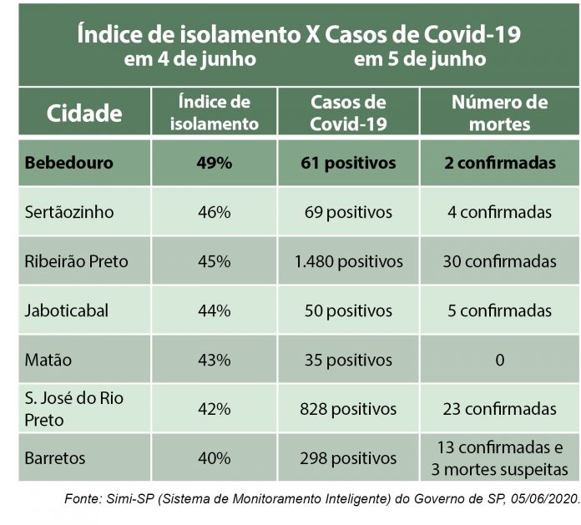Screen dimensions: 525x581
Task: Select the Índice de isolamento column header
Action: [215, 114]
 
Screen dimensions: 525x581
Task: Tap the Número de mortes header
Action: [499, 114]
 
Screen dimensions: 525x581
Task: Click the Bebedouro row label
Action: [69, 163]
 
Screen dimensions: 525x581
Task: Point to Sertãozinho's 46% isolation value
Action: [215, 212]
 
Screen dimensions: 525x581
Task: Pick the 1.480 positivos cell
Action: [348, 261]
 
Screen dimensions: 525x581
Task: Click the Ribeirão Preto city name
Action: [77, 261]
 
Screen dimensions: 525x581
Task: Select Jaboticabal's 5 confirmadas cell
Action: [499, 310]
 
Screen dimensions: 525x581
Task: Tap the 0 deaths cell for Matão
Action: [499, 361]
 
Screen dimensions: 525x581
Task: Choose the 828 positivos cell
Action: [348, 409]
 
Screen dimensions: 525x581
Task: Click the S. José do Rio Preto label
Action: [74, 409]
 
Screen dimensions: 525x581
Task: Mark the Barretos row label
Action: [55, 458]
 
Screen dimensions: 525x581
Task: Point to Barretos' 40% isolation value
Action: [215, 458]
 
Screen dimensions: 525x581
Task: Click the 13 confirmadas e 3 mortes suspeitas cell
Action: [499, 458]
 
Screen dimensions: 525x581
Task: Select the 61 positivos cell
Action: [348, 163]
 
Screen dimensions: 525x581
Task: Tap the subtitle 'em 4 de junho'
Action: [189, 60]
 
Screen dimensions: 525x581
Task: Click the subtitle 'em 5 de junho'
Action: [420, 60]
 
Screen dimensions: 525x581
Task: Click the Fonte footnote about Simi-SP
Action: [321, 497]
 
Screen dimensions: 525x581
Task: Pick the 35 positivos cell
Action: [348, 361]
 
